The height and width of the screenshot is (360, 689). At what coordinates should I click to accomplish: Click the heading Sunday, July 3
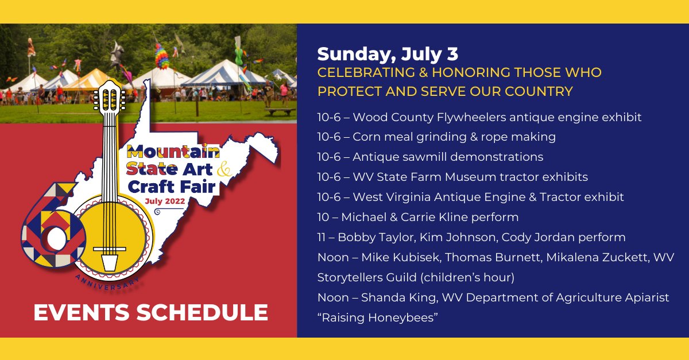(388, 55)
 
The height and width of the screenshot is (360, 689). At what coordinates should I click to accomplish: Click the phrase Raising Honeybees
(377, 318)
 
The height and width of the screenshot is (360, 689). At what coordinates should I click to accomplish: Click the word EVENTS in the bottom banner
(82, 312)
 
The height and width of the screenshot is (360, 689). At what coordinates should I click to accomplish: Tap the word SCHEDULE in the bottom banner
(202, 312)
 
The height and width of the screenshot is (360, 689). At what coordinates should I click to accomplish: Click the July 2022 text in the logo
(165, 201)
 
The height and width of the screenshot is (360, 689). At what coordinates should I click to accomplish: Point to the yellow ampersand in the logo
(224, 169)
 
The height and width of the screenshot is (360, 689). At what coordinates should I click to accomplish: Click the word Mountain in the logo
(173, 152)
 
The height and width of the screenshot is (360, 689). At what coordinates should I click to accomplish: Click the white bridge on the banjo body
(110, 249)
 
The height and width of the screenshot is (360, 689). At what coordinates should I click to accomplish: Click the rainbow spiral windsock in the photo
(161, 56)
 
